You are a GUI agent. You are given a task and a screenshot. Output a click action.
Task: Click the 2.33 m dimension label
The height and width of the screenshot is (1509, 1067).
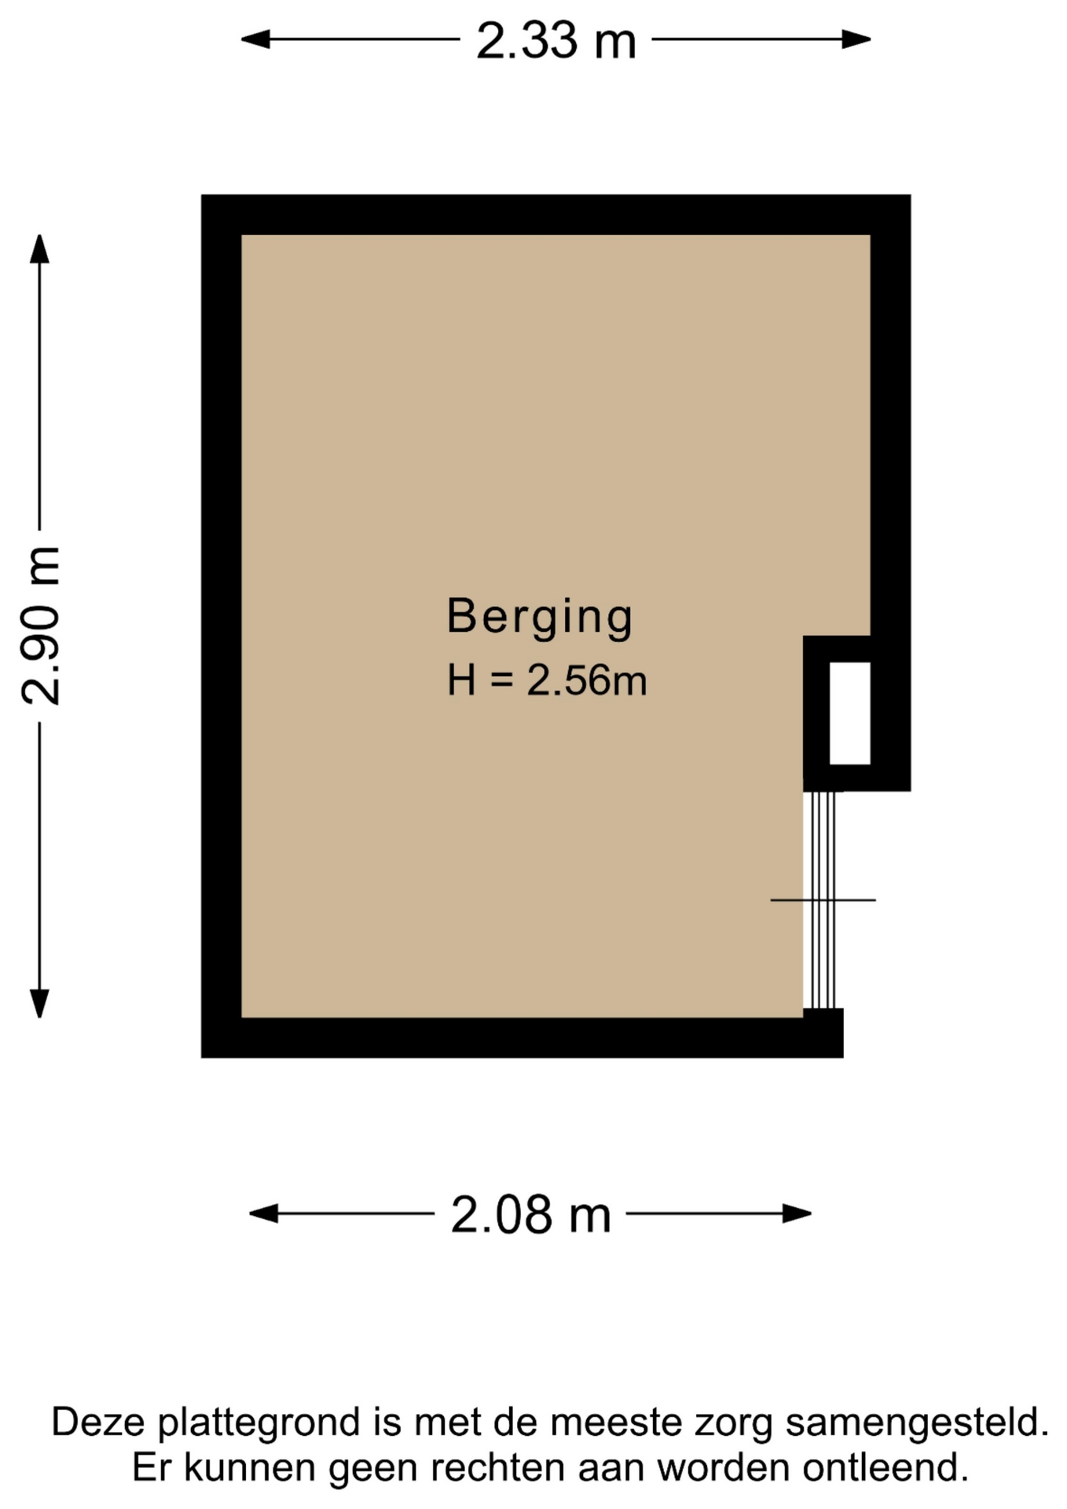pyautogui.click(x=555, y=41)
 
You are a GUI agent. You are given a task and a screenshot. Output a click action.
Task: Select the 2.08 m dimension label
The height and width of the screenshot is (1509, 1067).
pyautogui.click(x=530, y=1214)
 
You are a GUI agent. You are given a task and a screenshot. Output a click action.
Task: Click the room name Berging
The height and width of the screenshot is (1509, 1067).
pyautogui.click(x=540, y=617)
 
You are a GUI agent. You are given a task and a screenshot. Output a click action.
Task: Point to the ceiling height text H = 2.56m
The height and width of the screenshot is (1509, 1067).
pyautogui.click(x=547, y=680)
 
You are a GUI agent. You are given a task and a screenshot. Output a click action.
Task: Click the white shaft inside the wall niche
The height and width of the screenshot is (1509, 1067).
pyautogui.click(x=849, y=713)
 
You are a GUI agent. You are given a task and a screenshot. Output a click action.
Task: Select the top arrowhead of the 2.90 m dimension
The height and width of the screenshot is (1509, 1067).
pyautogui.click(x=39, y=249)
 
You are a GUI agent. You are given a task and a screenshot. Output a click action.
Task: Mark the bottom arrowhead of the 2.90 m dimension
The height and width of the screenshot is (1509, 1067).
pyautogui.click(x=39, y=1004)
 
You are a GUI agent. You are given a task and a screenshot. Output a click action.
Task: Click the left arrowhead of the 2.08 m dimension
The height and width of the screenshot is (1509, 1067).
pyautogui.click(x=263, y=1213)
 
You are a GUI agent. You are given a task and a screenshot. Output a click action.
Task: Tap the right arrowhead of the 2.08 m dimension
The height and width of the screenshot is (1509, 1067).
pyautogui.click(x=797, y=1213)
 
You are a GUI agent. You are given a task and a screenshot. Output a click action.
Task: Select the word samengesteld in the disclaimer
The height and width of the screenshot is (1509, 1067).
pyautogui.click(x=917, y=1423)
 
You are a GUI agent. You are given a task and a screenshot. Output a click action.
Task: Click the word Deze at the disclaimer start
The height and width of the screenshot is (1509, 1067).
pyautogui.click(x=99, y=1423)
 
